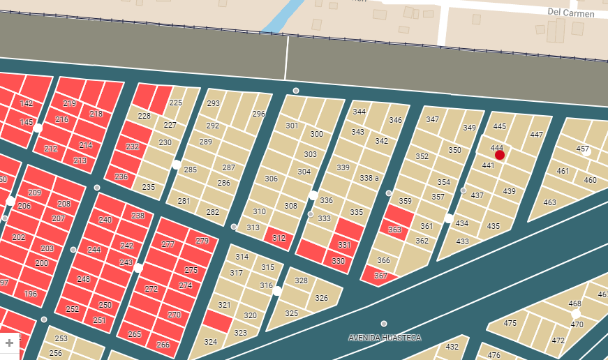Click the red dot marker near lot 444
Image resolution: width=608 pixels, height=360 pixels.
click(x=500, y=155)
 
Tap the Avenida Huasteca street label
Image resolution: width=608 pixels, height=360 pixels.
click(x=385, y=338)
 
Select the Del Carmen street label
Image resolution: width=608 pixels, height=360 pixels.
click(x=571, y=13)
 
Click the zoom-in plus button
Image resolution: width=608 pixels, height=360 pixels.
click(x=9, y=343)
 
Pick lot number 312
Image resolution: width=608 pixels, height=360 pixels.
click(x=279, y=238)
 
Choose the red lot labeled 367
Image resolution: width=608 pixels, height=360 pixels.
click(x=380, y=276)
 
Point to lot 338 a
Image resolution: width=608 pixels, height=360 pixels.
click(x=369, y=179)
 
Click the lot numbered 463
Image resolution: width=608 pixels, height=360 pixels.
click(x=550, y=202)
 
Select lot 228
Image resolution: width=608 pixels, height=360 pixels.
click(x=144, y=117)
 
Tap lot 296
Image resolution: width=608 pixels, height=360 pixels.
click(x=259, y=114)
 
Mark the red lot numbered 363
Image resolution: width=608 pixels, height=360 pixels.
click(x=395, y=230)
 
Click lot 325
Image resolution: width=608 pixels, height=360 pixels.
click(x=292, y=313)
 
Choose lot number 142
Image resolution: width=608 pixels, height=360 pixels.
click(x=27, y=103)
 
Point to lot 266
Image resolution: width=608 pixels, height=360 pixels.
click(x=163, y=345)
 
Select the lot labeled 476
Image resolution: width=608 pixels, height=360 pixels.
click(x=494, y=355)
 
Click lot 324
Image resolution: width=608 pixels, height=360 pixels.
click(x=210, y=342)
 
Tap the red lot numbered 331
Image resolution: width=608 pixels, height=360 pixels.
click(x=344, y=245)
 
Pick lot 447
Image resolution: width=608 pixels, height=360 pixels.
click(x=537, y=135)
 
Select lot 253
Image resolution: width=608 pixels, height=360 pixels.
click(x=61, y=338)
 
